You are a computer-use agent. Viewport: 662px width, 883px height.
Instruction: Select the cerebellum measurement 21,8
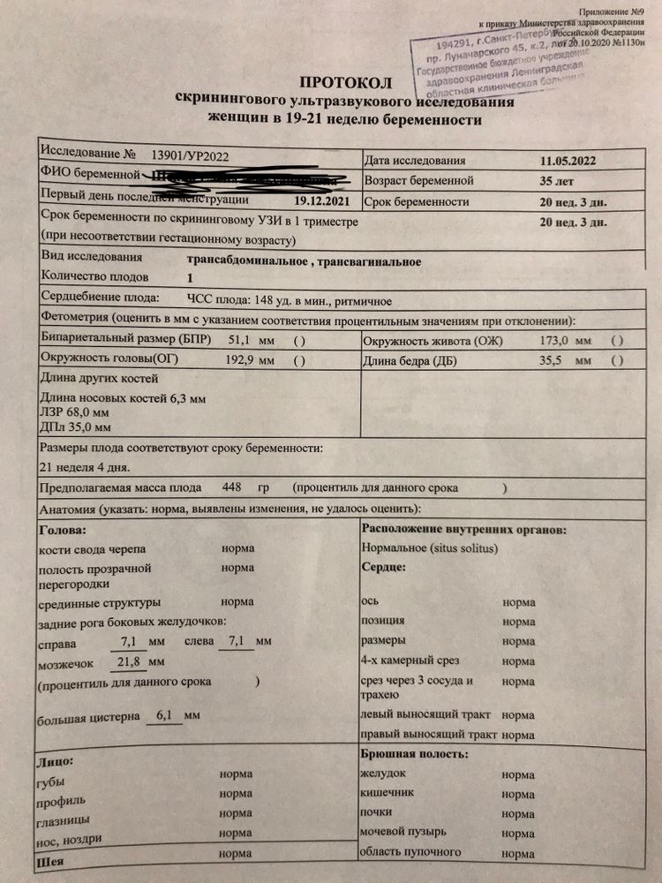point(129,661)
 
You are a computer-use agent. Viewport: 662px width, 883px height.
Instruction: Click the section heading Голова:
point(64,530)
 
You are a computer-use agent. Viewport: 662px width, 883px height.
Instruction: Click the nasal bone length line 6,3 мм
point(123,399)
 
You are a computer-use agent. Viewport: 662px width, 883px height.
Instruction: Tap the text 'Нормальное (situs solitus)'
point(430,547)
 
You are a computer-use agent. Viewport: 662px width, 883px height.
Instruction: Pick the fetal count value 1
point(189,277)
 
